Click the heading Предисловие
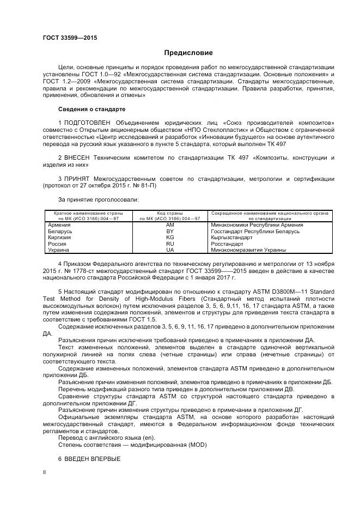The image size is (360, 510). click(188, 53)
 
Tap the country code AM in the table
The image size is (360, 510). click(170, 224)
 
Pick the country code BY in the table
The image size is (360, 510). click(170, 231)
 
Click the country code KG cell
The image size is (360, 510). click(170, 238)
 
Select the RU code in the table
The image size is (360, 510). click(170, 244)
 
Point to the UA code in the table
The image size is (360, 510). click(170, 250)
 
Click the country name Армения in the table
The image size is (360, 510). click(59, 224)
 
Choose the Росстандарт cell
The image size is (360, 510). click(228, 244)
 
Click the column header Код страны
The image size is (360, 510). click(170, 212)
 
